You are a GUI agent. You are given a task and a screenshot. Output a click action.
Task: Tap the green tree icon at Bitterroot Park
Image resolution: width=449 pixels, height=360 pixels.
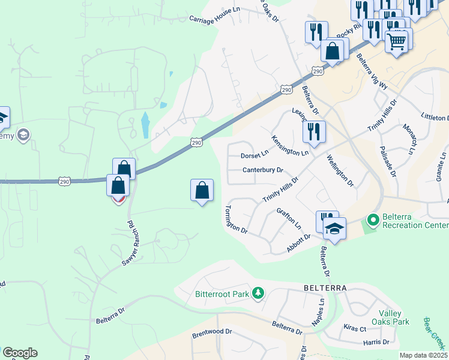point(258,293)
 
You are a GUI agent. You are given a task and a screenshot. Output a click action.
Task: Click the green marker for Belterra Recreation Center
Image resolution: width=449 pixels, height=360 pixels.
point(372,220)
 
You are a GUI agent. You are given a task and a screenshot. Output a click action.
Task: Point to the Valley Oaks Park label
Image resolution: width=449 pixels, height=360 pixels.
point(394,317)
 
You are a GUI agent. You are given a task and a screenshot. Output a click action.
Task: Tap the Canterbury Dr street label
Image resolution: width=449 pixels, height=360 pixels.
point(262,170)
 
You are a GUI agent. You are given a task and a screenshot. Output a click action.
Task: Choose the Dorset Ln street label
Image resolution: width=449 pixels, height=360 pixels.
point(255,155)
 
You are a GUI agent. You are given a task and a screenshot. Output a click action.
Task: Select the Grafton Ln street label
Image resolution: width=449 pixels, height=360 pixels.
point(289,218)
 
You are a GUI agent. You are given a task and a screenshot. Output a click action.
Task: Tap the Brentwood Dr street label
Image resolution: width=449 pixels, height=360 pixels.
point(212,331)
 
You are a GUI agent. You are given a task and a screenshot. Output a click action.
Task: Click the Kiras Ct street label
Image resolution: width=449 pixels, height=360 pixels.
point(355,329)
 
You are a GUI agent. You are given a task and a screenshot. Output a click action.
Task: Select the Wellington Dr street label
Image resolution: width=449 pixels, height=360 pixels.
point(340,170)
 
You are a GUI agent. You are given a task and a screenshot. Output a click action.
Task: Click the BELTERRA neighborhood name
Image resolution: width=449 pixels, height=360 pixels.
point(325,288)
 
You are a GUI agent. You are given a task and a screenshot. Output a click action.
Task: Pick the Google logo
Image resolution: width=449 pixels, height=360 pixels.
point(20,353)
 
